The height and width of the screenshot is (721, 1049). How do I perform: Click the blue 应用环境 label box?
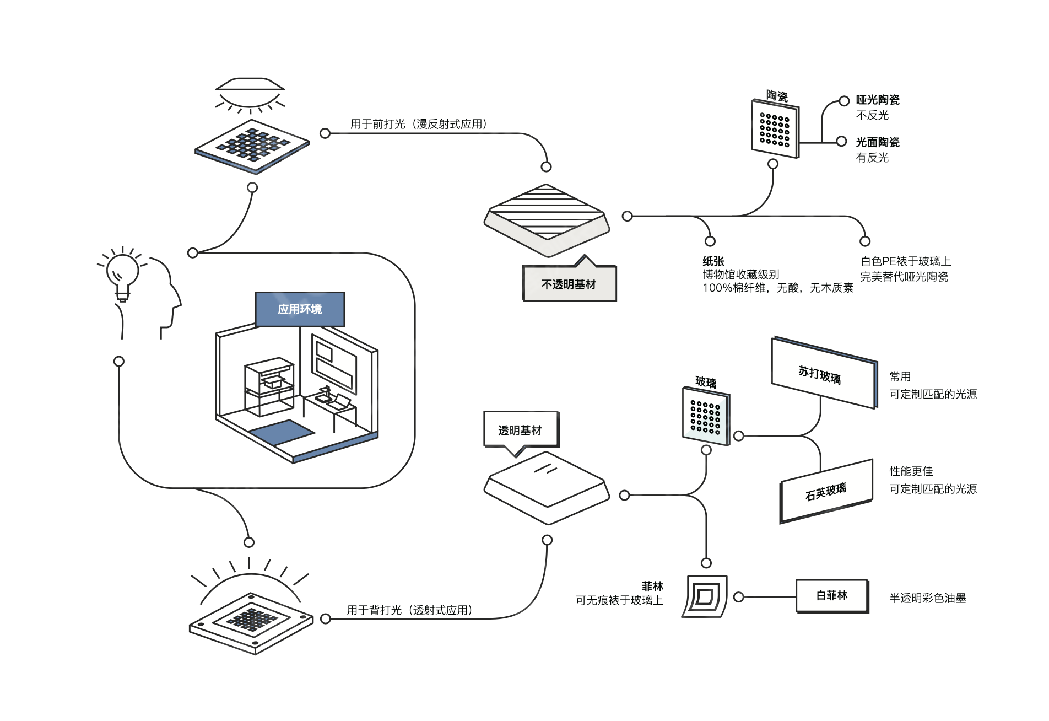click(x=300, y=309)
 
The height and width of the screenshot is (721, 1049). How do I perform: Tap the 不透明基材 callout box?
click(x=569, y=284)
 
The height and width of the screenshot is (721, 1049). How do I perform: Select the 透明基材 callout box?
click(x=521, y=430)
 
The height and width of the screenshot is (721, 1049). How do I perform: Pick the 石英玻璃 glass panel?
click(x=826, y=491)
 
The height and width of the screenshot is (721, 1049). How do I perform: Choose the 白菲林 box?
click(x=832, y=596)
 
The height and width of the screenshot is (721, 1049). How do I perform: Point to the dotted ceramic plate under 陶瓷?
click(x=775, y=129)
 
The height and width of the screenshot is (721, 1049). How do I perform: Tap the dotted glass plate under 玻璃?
click(x=706, y=416)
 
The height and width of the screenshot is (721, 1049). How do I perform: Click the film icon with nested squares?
click(x=705, y=596)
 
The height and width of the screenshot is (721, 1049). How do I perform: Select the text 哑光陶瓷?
click(x=878, y=100)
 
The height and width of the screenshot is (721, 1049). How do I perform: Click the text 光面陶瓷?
click(x=878, y=142)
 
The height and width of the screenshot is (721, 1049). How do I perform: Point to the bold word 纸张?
click(x=713, y=261)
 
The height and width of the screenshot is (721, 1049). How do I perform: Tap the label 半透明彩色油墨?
click(x=928, y=598)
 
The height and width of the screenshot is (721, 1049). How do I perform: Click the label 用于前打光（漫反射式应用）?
click(x=419, y=124)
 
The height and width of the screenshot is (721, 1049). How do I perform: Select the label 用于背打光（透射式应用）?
click(x=409, y=610)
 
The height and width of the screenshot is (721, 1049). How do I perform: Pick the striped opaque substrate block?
click(x=547, y=219)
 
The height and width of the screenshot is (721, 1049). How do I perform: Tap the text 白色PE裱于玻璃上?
click(x=906, y=261)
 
